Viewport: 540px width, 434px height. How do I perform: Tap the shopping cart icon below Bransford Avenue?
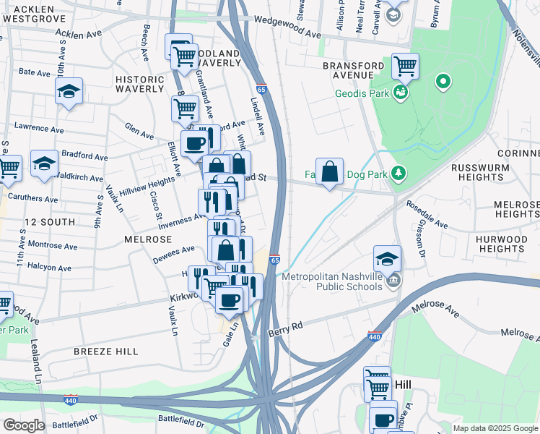pyautogui.click(x=405, y=67)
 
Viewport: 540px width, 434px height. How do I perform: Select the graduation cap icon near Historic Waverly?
pyautogui.click(x=69, y=90)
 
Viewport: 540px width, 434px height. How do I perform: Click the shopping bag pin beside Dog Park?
pyautogui.click(x=329, y=171)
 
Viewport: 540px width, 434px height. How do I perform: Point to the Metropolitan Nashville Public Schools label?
pyautogui.click(x=331, y=281)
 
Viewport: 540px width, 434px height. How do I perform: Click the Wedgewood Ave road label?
pyautogui.click(x=287, y=34)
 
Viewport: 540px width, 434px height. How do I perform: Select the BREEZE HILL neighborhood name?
pyautogui.click(x=105, y=351)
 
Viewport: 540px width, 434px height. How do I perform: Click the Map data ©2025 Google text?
pyautogui.click(x=495, y=428)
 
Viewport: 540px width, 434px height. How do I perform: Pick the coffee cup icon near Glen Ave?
pyautogui.click(x=193, y=142)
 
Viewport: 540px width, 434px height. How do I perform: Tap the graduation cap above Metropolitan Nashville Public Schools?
pyautogui.click(x=387, y=258)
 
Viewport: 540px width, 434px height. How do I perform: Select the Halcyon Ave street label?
pyautogui.click(x=49, y=268)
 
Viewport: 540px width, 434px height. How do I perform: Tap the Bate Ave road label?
pyautogui.click(x=34, y=72)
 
